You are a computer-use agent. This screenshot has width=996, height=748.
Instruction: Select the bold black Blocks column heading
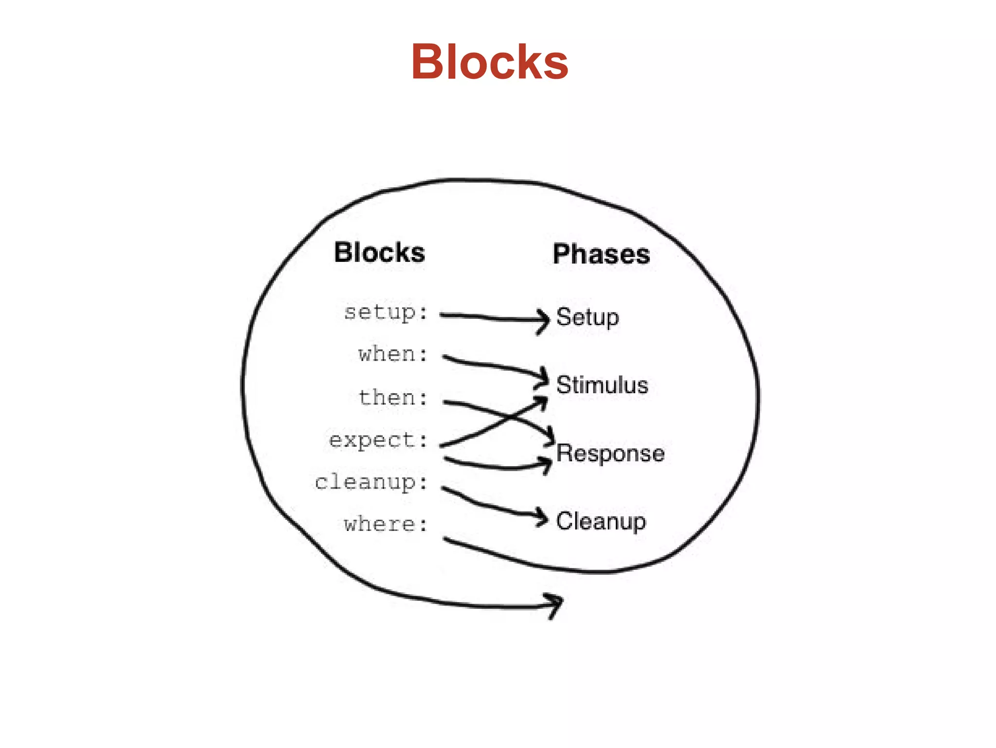pos(379,253)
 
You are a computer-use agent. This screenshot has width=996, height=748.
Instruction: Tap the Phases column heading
pos(601,254)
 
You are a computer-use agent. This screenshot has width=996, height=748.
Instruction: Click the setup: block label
pos(386,312)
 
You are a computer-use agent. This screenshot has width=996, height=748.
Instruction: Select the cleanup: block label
pos(372,482)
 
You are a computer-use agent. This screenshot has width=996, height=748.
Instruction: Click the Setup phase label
pos(587,317)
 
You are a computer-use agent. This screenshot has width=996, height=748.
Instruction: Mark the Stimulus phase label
pos(602,385)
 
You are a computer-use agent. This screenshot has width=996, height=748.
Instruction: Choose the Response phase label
pos(610,454)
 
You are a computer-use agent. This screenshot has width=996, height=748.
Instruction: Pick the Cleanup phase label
pos(601,521)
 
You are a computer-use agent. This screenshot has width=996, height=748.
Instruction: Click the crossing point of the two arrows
pos(510,418)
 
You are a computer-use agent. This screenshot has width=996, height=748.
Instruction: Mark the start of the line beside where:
pos(445,539)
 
